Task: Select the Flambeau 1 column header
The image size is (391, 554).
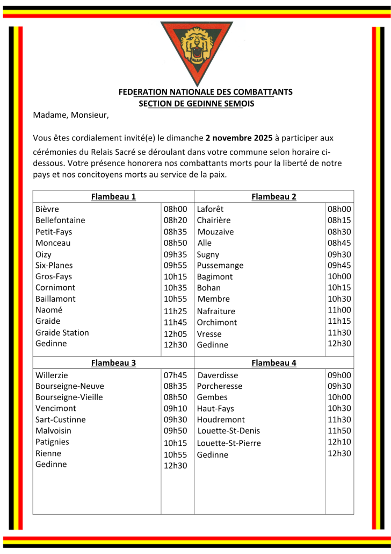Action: [x=113, y=197]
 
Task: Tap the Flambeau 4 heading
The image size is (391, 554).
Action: [x=274, y=363]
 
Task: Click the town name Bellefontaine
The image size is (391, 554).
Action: [x=60, y=220]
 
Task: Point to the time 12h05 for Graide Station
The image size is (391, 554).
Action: [x=175, y=333]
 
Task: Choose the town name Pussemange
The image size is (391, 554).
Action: [x=220, y=265]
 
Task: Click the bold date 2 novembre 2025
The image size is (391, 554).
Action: [x=239, y=138]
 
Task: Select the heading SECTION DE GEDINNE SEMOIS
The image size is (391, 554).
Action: [x=196, y=103]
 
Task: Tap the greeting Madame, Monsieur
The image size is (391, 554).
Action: [x=70, y=115]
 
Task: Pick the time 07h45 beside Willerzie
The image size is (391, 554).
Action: [x=175, y=375]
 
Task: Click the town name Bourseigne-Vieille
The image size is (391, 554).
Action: [x=69, y=397]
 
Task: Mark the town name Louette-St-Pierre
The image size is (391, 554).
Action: [x=229, y=443]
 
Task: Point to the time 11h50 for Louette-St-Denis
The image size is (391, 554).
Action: [x=339, y=431]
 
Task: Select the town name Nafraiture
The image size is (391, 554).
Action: [x=216, y=311]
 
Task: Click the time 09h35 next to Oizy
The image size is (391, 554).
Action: [x=175, y=254]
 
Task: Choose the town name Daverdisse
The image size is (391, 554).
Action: [x=218, y=375]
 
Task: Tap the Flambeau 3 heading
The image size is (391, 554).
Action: [x=113, y=363]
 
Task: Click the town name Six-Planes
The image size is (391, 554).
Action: [x=54, y=265]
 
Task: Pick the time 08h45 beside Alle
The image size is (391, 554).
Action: [x=339, y=243]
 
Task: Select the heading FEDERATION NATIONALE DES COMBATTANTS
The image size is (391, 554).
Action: [x=205, y=92]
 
